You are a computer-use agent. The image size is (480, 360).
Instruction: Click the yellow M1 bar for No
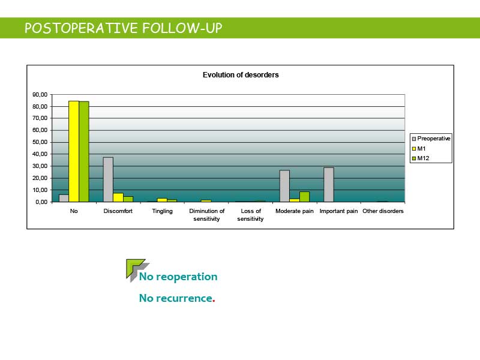pos(74,151)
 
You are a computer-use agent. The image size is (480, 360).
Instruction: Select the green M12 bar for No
pos(84,152)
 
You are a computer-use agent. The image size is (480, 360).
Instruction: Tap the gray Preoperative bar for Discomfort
pos(108,179)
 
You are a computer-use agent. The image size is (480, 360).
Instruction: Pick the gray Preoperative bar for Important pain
pos(329,185)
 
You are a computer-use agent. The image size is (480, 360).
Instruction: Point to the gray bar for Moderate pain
pos(284,186)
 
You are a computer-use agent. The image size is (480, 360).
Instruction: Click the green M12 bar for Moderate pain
pos(305,197)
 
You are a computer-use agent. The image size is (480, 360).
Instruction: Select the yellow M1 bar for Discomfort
pos(118,197)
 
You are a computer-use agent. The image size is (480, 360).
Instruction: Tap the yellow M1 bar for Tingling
pos(162,200)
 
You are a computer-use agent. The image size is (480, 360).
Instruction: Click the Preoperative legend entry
pos(431,139)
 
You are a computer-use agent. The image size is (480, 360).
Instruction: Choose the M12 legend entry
pos(421,158)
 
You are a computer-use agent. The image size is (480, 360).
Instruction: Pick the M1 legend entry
pos(419,148)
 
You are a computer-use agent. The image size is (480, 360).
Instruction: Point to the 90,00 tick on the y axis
pos(40,95)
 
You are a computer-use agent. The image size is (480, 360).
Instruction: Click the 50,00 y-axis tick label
pos(40,142)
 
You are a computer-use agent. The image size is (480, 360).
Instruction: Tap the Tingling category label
pos(162,211)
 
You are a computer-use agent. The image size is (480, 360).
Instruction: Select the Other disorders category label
pos(383,211)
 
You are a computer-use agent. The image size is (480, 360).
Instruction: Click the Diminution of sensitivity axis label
pos(206,215)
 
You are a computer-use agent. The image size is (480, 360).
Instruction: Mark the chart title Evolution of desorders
pos(241,75)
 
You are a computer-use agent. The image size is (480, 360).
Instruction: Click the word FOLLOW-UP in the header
pos(182,28)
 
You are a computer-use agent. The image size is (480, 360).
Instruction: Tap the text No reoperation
pos(178,277)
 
